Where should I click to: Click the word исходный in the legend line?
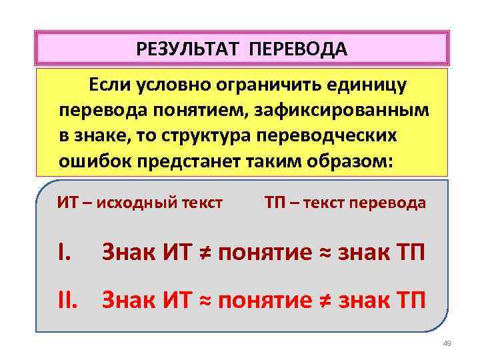click(128, 203)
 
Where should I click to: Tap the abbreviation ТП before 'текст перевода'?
click(276, 203)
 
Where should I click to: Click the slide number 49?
click(447, 343)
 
